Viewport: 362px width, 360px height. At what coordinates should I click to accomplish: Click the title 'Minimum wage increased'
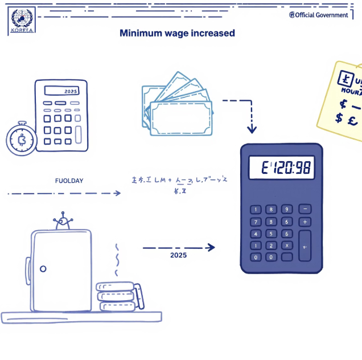[x=177, y=33]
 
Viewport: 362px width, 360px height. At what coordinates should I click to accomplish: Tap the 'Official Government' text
[x=319, y=15]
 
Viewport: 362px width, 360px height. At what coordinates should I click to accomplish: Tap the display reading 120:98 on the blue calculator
[x=281, y=167]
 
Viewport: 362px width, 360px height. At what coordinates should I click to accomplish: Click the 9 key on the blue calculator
[x=286, y=209]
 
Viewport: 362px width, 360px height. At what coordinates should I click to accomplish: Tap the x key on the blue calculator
[x=286, y=245]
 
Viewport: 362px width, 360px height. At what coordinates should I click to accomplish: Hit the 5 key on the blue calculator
[x=271, y=234]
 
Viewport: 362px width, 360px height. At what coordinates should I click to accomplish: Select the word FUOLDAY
[x=69, y=181]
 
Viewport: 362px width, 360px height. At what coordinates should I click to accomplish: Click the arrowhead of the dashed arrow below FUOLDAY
[x=118, y=193]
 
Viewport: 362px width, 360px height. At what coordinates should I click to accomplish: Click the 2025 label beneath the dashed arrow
[x=178, y=255]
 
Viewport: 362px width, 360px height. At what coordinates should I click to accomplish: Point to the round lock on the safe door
[x=43, y=268]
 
